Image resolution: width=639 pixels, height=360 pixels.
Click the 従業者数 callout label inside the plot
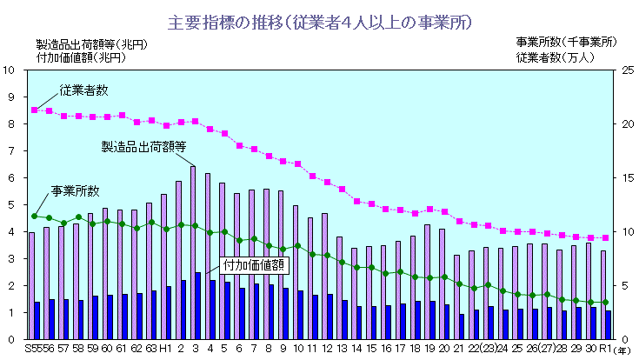(84, 89)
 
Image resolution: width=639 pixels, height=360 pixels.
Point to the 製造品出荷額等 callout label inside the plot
(144, 147)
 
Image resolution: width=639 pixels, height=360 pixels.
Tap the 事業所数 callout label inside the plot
(76, 190)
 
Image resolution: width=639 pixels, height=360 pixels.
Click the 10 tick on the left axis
(10, 70)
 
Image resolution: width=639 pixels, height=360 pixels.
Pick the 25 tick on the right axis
(624, 70)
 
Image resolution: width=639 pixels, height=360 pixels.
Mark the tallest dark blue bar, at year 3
(198, 304)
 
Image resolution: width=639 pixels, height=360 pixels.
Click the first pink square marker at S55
(34, 110)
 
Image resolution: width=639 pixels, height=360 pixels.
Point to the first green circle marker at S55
(34, 216)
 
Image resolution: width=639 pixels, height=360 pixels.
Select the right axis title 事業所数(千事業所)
(566, 42)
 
